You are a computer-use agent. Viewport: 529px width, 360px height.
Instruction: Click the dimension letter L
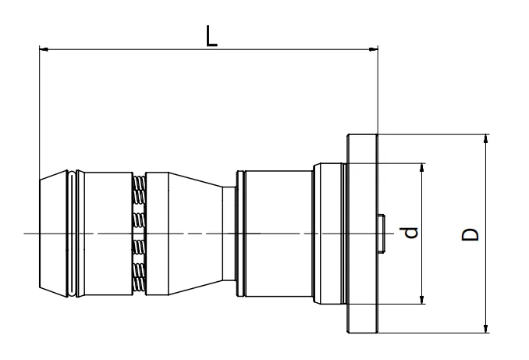(x=211, y=35)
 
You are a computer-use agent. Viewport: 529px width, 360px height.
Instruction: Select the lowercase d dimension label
(x=413, y=231)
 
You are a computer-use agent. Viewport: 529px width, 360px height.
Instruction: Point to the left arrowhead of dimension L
(x=44, y=50)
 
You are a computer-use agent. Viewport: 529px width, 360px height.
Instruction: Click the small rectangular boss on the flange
(x=382, y=233)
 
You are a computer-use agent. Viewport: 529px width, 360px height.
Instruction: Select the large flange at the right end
(x=362, y=233)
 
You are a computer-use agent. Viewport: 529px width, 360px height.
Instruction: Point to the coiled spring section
(x=139, y=233)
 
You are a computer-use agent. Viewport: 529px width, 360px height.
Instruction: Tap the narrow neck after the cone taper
(x=229, y=233)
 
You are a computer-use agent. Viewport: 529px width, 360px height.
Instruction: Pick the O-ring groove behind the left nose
(x=73, y=233)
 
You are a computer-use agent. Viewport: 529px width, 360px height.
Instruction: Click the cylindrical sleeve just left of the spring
(x=107, y=233)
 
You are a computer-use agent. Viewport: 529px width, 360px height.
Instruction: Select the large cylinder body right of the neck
(x=279, y=233)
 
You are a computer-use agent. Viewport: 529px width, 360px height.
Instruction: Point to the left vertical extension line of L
(x=39, y=109)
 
